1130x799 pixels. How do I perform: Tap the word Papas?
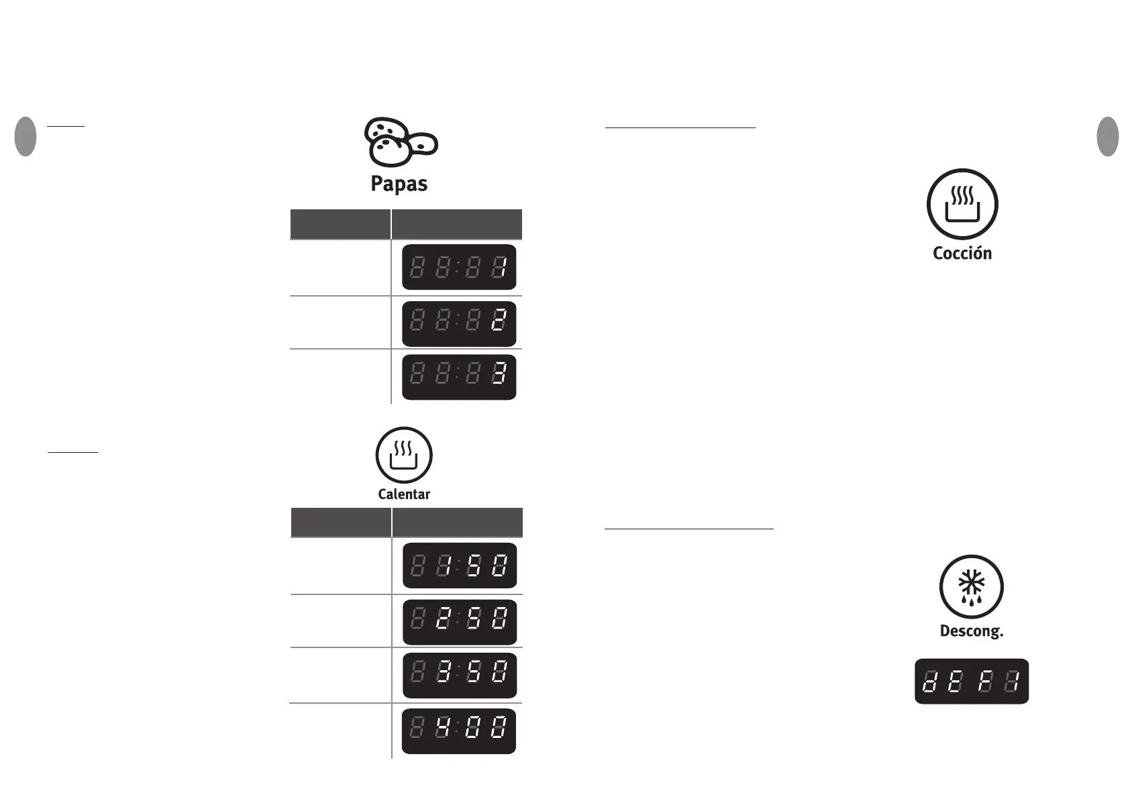click(399, 184)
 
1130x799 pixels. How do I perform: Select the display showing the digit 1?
click(459, 267)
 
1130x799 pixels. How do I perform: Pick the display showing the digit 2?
click(459, 324)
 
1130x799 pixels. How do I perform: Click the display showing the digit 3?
click(459, 377)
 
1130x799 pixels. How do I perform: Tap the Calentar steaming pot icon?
click(404, 456)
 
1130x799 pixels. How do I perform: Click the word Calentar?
click(404, 494)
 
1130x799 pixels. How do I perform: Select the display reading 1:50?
click(460, 566)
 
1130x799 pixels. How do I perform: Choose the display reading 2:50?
click(460, 622)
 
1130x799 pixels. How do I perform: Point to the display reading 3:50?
click(460, 675)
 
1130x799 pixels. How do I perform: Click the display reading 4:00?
click(459, 731)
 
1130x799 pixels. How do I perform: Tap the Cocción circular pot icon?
click(962, 205)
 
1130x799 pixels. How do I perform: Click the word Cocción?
click(962, 254)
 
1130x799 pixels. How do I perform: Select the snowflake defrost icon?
click(971, 587)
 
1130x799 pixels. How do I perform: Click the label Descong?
click(971, 631)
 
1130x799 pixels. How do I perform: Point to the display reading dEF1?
click(972, 682)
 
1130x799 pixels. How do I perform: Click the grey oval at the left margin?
click(25, 137)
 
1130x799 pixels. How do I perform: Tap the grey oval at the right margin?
click(1108, 137)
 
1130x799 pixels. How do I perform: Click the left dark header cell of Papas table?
click(340, 224)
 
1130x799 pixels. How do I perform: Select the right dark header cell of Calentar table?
click(457, 522)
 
